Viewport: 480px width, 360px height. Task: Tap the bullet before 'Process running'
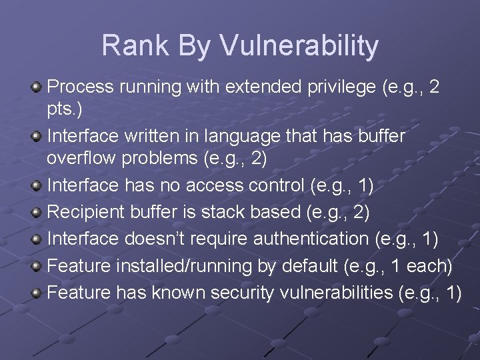tap(38, 87)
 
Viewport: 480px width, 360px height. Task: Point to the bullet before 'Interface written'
tap(38, 137)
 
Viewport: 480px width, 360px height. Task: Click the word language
tap(244, 136)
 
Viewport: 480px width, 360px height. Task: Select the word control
tap(276, 186)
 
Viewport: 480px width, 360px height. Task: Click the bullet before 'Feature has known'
tap(38, 293)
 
